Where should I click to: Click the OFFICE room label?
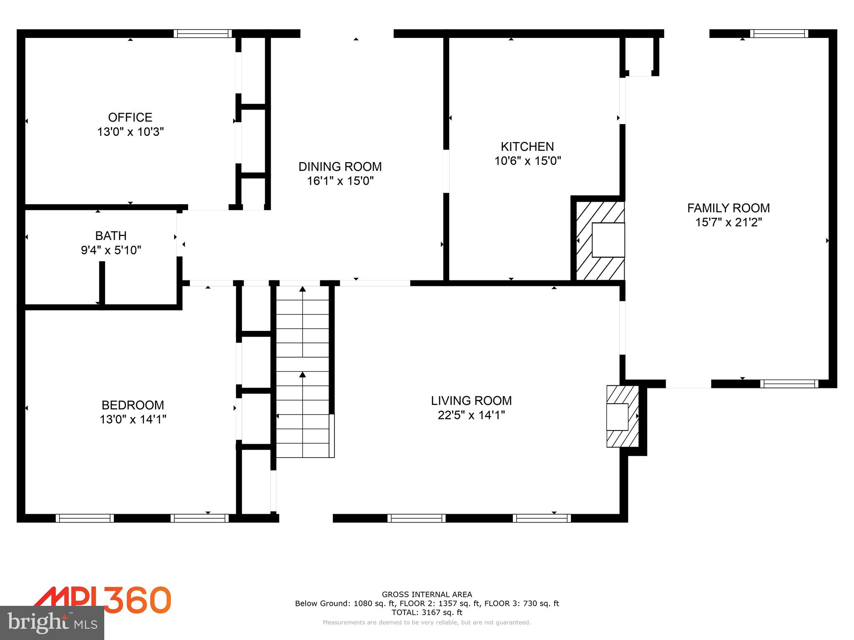[x=130, y=117]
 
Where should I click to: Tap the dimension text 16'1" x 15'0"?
[x=340, y=181]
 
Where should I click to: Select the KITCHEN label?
[x=527, y=147]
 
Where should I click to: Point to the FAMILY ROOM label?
[x=728, y=208]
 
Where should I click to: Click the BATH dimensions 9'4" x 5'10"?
[x=111, y=250]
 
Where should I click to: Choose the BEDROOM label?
[x=133, y=405]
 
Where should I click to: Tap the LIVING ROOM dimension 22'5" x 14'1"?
[x=471, y=415]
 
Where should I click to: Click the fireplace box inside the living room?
[x=617, y=417]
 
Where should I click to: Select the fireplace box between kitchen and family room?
[x=608, y=240]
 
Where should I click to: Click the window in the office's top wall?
[x=203, y=34]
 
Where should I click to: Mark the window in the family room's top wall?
[x=779, y=34]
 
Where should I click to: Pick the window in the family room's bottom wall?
[x=789, y=384]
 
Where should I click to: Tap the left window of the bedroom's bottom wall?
[x=85, y=518]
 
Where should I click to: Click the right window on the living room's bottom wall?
[x=542, y=518]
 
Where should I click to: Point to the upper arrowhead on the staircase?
[x=303, y=289]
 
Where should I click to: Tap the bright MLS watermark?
[x=52, y=622]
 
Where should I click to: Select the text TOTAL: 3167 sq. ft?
[x=427, y=612]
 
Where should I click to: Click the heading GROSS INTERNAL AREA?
[x=427, y=595]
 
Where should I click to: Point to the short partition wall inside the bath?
[x=102, y=284]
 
